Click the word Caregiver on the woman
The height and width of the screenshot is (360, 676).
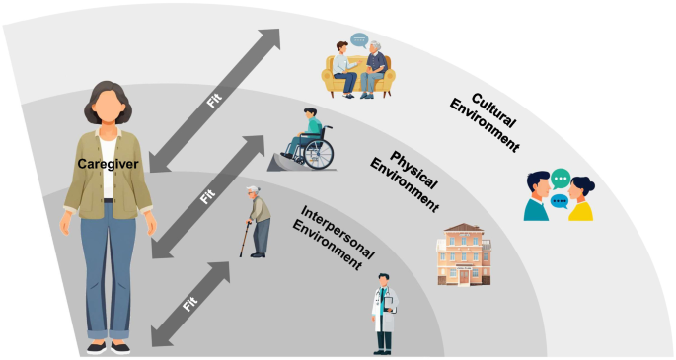(x=108, y=164)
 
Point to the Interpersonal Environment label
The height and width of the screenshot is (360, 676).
(x=332, y=237)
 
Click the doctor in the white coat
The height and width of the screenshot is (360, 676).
(x=384, y=314)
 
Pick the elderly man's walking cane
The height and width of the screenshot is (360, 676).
(x=245, y=240)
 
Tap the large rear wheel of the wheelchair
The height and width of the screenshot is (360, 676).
(x=319, y=154)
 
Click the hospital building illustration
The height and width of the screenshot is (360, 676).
(x=464, y=254)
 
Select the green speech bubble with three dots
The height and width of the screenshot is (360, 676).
(x=561, y=179)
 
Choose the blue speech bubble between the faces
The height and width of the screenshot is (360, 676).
(x=560, y=201)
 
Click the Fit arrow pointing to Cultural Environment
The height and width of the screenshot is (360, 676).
(x=215, y=101)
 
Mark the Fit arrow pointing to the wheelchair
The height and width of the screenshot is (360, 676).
(x=208, y=197)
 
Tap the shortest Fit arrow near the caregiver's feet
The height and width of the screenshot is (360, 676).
(x=190, y=304)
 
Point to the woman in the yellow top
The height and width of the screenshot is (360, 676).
(x=580, y=199)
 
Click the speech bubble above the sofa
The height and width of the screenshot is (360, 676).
(x=358, y=40)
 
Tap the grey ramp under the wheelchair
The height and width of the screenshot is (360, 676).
(x=285, y=163)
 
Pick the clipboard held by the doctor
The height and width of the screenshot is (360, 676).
(x=389, y=303)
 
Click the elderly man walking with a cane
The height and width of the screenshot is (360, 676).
(x=258, y=222)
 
